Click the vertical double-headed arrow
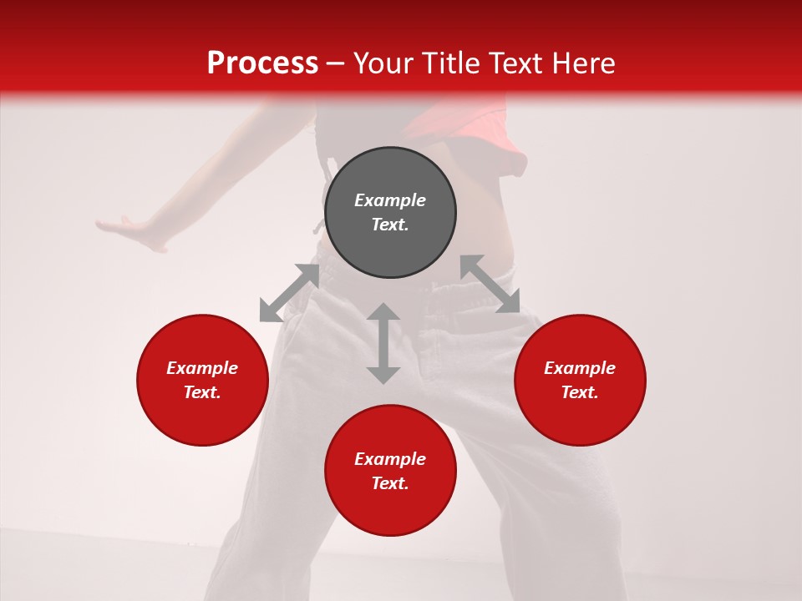(x=383, y=343)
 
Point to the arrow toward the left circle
(x=289, y=293)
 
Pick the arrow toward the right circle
(x=490, y=284)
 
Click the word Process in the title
(x=262, y=63)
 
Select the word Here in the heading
(x=585, y=63)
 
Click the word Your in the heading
(x=384, y=63)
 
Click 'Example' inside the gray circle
(x=390, y=200)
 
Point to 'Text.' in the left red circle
(x=202, y=392)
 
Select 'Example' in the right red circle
(x=580, y=368)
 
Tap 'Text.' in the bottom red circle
(x=390, y=483)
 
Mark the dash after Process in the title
(x=335, y=63)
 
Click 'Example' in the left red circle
(x=202, y=368)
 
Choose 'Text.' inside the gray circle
(x=390, y=225)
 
